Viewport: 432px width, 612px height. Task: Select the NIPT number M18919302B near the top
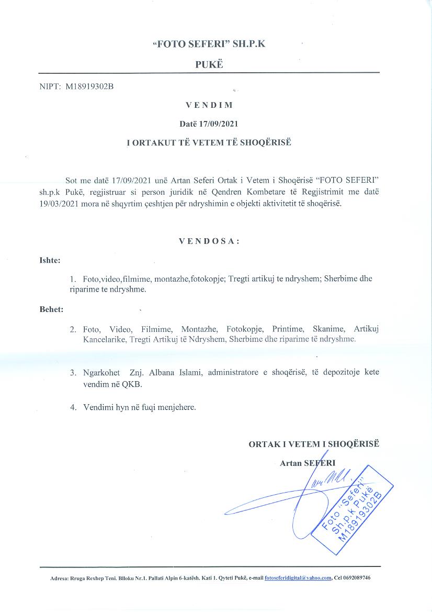point(89,87)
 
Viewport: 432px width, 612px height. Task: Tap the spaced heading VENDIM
point(209,105)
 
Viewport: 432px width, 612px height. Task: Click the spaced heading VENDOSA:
point(209,241)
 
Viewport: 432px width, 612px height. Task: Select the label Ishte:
point(50,260)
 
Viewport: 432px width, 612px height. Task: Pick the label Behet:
point(51,309)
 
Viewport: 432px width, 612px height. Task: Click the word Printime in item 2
point(288,329)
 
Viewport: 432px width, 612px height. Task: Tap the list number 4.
point(73,407)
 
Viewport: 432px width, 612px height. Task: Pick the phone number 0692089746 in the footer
point(356,577)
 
